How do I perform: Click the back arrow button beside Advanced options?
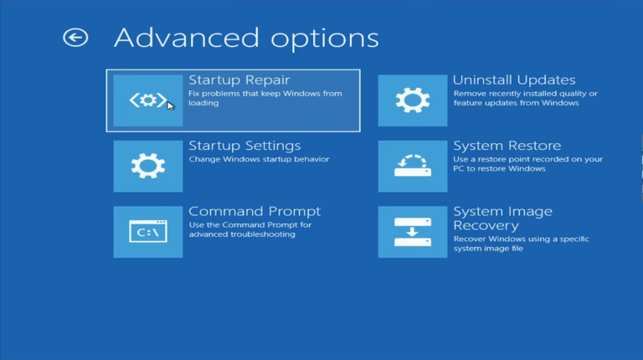75,38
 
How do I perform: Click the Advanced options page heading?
246,38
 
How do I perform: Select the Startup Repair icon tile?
147,100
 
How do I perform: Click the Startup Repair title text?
239,80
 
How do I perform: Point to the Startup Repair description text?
265,99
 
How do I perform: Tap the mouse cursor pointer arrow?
171,105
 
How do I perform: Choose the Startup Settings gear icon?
147,166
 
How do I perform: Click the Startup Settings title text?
244,146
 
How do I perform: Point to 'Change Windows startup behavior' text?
259,159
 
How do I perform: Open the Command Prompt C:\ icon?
147,231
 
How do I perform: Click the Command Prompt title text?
255,211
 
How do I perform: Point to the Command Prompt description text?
250,229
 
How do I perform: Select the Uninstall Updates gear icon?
412,100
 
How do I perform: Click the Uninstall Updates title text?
514,80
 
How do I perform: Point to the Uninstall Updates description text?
525,99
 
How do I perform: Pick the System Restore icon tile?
412,166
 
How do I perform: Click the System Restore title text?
507,146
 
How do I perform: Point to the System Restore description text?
527,164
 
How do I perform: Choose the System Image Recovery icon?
412,231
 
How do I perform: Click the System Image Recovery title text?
502,219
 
